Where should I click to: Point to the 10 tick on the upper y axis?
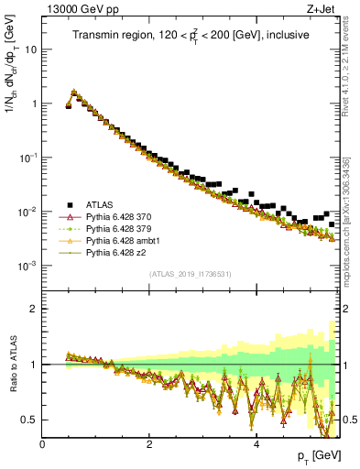tap(30, 49)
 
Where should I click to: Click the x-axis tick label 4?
tap(256, 443)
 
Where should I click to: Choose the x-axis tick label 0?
tap(42, 443)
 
